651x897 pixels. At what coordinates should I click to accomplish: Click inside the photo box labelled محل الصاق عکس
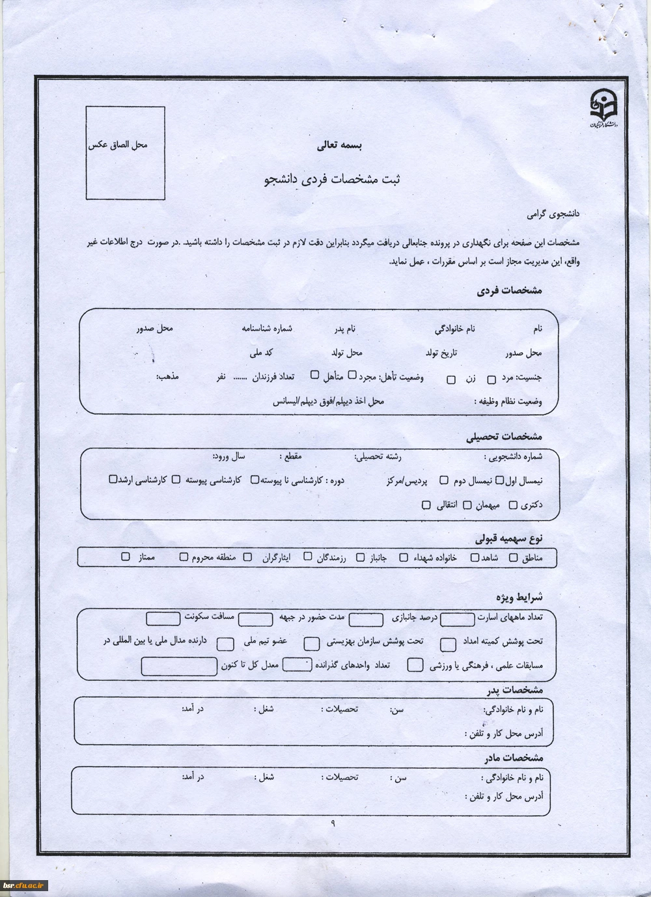click(x=125, y=154)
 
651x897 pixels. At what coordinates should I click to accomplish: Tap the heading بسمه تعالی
click(x=339, y=146)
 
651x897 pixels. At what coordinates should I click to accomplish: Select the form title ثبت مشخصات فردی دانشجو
click(x=332, y=180)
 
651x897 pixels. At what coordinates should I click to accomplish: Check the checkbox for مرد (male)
click(x=492, y=379)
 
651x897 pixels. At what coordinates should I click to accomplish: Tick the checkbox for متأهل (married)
click(x=315, y=375)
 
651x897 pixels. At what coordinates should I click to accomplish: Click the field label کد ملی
click(x=261, y=353)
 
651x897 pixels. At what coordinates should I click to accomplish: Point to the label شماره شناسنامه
click(x=267, y=328)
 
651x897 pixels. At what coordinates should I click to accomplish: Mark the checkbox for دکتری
click(x=513, y=505)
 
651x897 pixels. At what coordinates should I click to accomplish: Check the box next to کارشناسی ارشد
click(x=113, y=480)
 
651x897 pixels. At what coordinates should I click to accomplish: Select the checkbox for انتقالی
click(x=426, y=505)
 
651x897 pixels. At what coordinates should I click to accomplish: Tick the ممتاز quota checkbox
click(x=126, y=557)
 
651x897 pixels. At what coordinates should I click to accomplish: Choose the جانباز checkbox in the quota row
click(x=361, y=558)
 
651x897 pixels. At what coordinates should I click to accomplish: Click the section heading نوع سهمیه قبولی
click(x=509, y=539)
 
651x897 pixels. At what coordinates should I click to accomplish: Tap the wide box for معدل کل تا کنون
click(x=179, y=666)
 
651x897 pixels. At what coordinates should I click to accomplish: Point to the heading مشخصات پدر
click(x=514, y=690)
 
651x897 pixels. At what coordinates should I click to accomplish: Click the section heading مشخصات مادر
click(x=514, y=758)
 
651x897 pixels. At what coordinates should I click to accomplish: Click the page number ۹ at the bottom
click(x=333, y=823)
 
